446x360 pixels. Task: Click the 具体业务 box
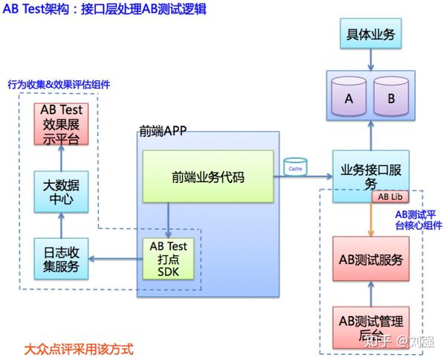coord(370,35)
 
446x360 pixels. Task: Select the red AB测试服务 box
coord(370,260)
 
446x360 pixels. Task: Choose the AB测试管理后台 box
coord(370,328)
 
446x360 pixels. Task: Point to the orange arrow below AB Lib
coord(369,220)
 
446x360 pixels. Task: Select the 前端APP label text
coord(162,132)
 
